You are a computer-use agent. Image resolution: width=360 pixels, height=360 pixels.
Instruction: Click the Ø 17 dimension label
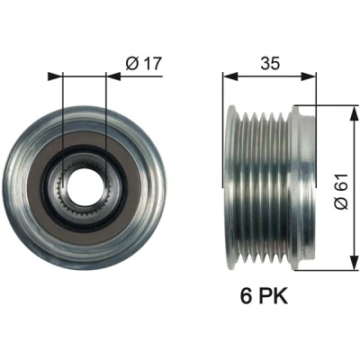pos(144,63)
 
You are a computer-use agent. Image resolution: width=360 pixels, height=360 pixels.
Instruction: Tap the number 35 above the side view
pos(270,63)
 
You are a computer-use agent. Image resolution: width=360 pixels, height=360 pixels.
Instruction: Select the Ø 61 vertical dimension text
pos(341,192)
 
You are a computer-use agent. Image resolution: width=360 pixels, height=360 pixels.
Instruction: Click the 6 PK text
pos(264,295)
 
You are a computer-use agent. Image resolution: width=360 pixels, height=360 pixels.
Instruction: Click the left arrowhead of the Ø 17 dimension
pos(55,76)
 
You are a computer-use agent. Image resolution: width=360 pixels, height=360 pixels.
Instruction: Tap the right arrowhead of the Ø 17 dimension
pos(113,76)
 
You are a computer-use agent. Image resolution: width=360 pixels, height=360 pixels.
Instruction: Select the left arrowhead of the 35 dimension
pos(230,76)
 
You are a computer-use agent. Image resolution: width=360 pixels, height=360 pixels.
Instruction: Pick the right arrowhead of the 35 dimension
pos(309,76)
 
